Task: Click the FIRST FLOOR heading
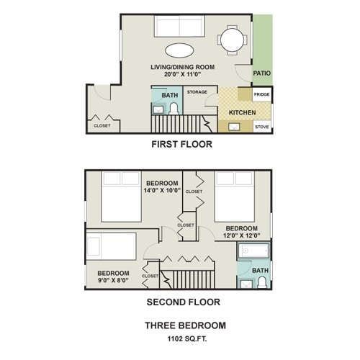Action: click(x=181, y=143)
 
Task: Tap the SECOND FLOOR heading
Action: click(x=183, y=302)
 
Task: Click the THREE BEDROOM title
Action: click(x=185, y=325)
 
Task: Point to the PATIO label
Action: click(x=261, y=73)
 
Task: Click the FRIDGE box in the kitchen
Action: click(x=262, y=95)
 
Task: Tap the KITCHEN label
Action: click(x=241, y=113)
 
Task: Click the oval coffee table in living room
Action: click(x=179, y=51)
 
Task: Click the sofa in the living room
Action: click(x=179, y=28)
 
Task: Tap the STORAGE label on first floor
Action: click(x=197, y=92)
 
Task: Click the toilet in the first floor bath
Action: click(x=174, y=109)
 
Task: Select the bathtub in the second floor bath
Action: click(x=254, y=253)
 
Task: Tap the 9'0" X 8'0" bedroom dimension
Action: click(x=113, y=281)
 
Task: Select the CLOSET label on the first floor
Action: click(x=102, y=126)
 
